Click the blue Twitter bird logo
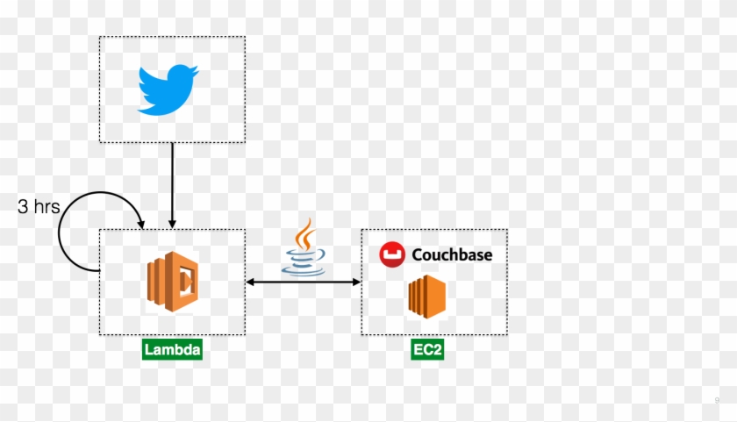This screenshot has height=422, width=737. coord(168,89)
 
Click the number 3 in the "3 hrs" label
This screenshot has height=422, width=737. coord(24,207)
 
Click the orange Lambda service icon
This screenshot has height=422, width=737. coord(172,282)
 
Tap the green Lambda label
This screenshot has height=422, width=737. coord(172,350)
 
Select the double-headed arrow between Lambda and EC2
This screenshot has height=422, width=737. coord(304,282)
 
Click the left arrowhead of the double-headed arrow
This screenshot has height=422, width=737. coord(251,282)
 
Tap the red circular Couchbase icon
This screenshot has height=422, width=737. coord(390,254)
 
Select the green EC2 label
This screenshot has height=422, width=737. coord(429,350)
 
